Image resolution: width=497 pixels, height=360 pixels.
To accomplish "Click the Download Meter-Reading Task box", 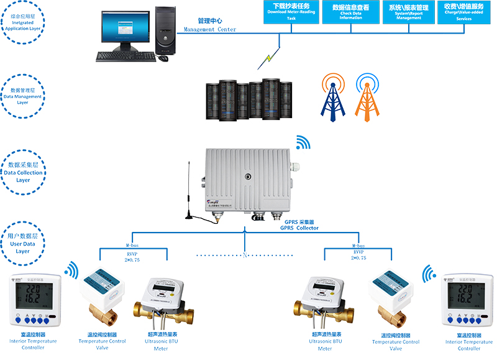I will (291, 12).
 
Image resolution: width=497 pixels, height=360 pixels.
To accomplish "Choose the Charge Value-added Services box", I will (463, 12).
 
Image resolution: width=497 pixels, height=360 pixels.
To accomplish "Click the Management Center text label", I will (209, 25).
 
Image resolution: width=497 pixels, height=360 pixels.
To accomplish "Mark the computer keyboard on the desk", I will (124, 56).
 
